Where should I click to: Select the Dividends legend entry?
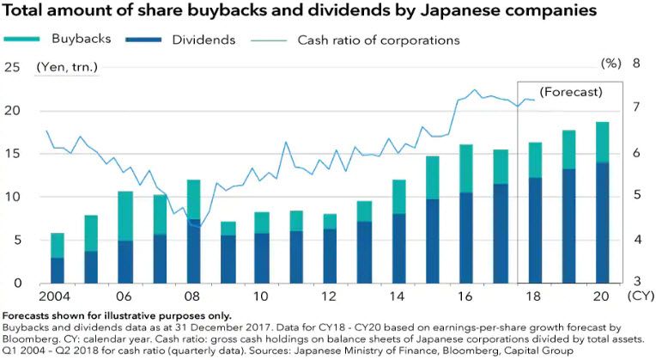(x=175, y=40)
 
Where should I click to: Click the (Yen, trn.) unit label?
(x=67, y=66)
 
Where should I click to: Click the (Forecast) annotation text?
(x=570, y=91)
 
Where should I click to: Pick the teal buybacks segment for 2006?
(x=125, y=216)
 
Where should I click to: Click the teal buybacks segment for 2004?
(x=58, y=245)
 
